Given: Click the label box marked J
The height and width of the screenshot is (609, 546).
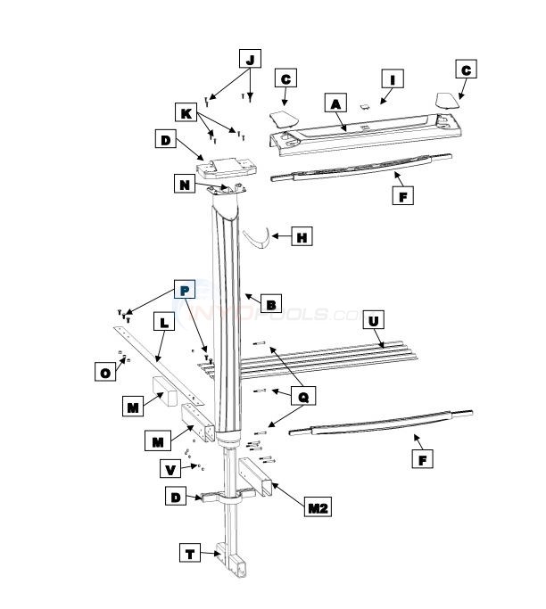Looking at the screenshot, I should (x=250, y=59).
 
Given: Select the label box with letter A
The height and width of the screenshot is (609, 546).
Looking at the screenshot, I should (x=335, y=104).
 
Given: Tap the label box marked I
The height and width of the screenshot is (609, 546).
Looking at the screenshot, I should (x=392, y=78).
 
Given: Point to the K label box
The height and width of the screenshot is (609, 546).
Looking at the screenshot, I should (x=186, y=113).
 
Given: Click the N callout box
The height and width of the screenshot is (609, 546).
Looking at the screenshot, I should (x=185, y=185).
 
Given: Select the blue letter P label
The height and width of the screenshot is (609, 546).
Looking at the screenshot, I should (x=185, y=290).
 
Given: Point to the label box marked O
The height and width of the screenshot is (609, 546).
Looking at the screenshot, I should (x=105, y=372).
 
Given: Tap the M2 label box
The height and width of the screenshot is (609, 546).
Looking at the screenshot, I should (x=317, y=507).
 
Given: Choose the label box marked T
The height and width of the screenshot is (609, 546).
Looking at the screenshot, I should (x=191, y=554).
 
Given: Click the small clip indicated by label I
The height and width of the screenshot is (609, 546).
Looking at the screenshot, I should (x=363, y=104).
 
